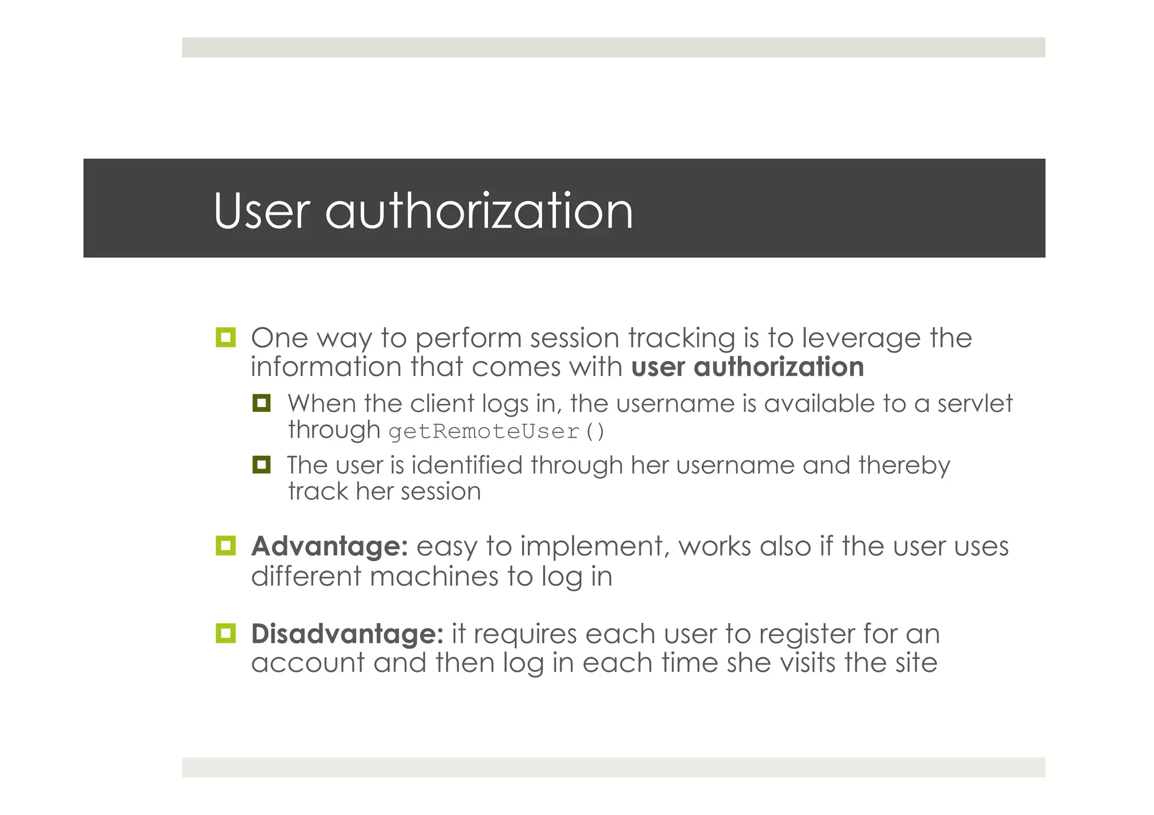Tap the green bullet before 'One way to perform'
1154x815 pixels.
pos(225,337)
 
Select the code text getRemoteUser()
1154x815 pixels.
pos(496,432)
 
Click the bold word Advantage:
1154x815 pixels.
pos(330,546)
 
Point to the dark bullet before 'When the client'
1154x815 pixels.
pos(261,403)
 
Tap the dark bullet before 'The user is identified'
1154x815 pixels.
pos(261,465)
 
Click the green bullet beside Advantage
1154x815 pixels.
pos(225,546)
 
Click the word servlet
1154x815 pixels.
pos(974,403)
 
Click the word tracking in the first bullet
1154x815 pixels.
pos(681,339)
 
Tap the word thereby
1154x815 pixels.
pos(904,465)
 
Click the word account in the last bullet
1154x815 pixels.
pos(308,663)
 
